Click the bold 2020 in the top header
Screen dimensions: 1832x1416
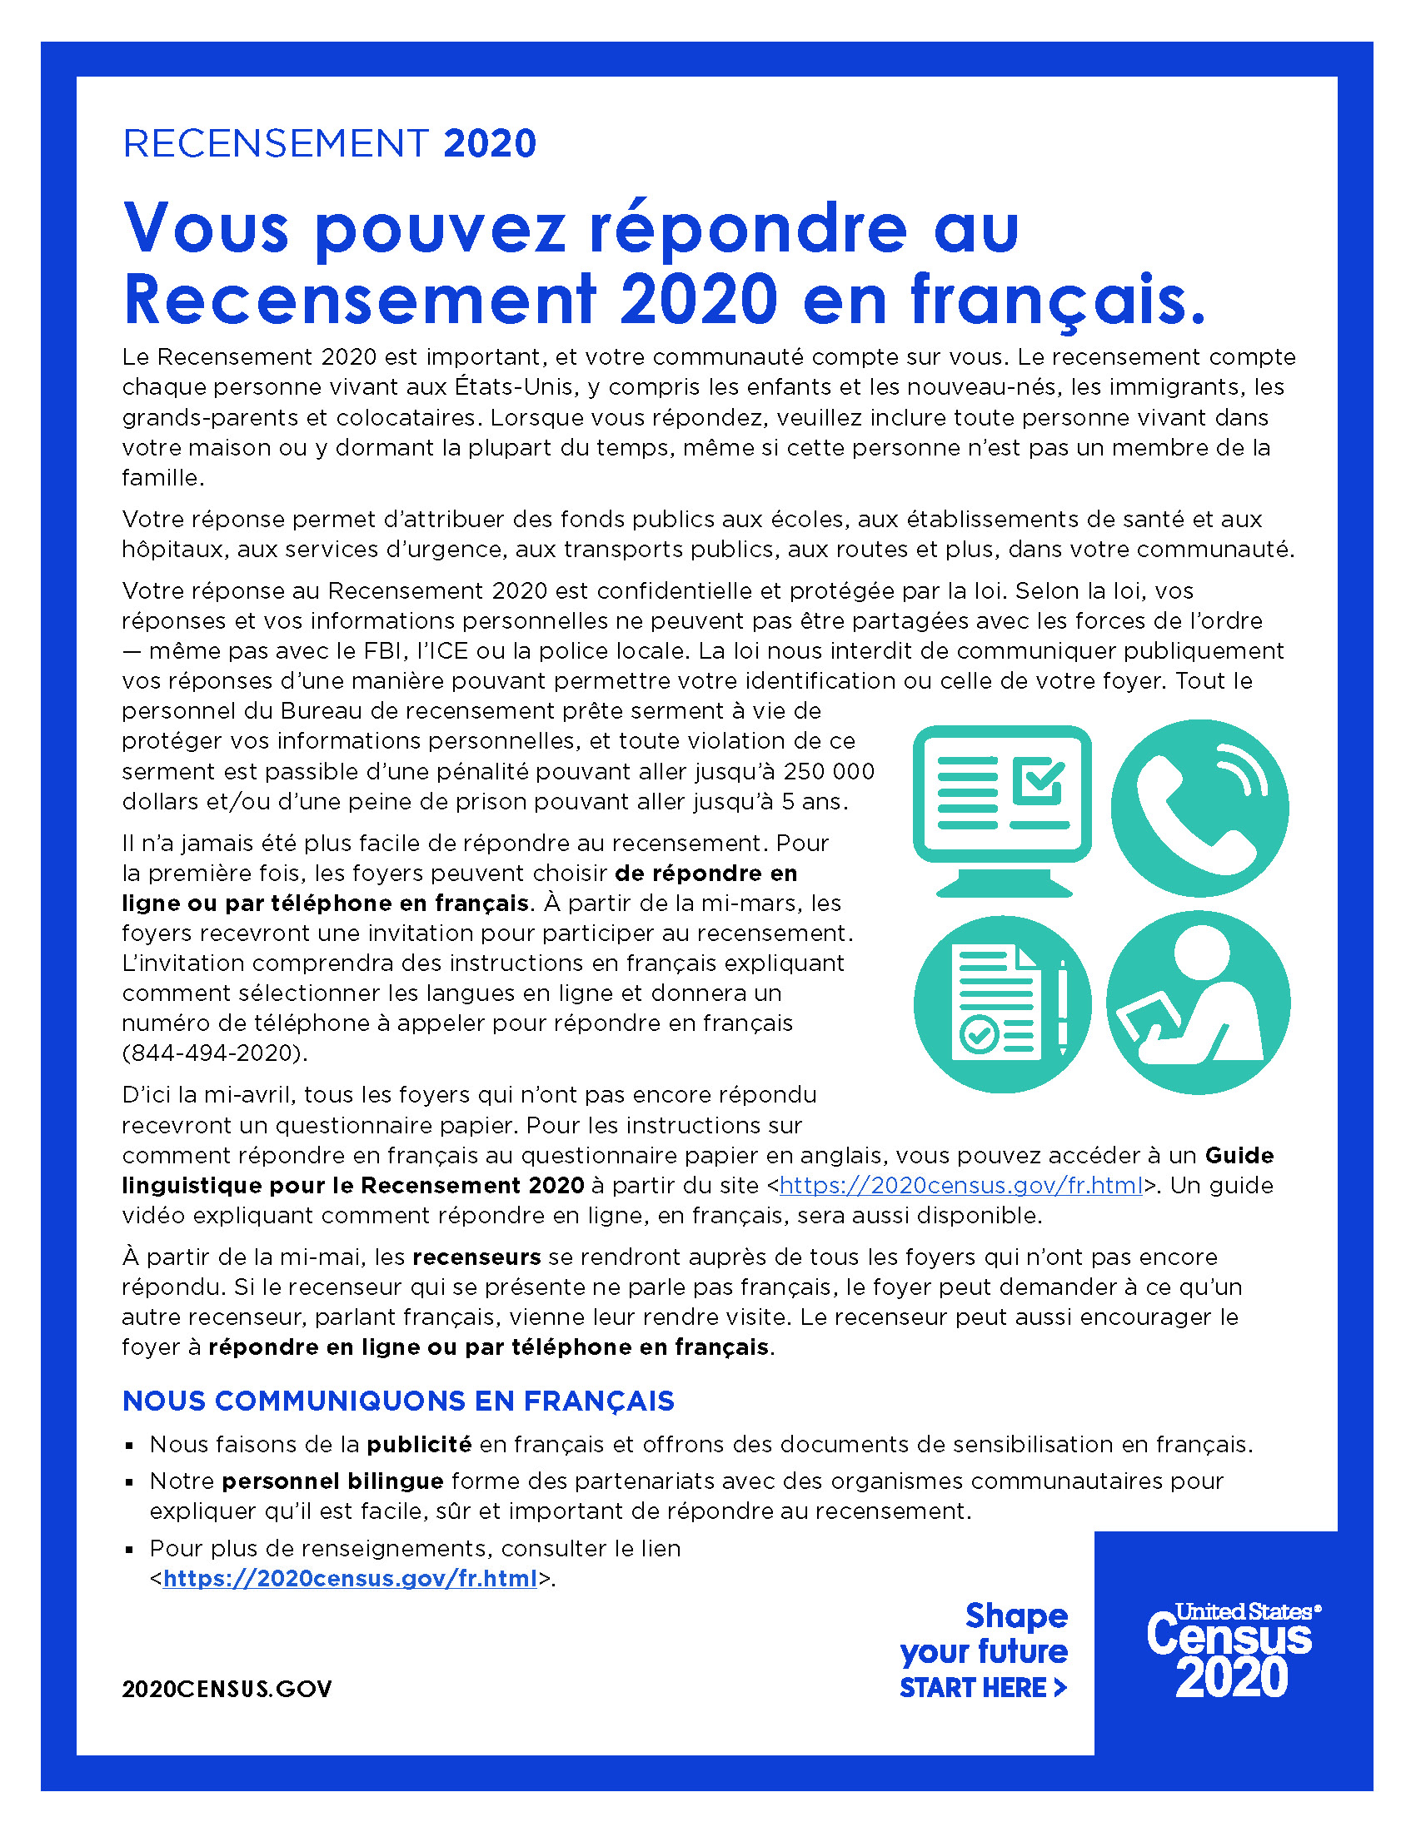click(490, 143)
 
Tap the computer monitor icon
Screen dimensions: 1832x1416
click(1001, 808)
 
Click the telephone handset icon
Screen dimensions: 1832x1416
click(1199, 808)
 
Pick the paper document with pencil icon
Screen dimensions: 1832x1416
click(1001, 1003)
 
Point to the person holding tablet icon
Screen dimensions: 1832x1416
click(1198, 1003)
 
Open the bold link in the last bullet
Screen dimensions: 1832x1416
click(350, 1579)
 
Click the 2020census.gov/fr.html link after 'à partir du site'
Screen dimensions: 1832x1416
click(960, 1185)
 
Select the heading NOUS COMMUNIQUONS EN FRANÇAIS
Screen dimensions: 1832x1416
click(398, 1401)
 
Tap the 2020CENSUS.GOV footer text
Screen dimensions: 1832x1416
click(227, 1689)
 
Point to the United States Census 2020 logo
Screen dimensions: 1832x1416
click(1231, 1650)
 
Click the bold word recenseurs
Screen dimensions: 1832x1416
click(476, 1257)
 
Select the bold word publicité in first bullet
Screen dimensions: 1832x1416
click(420, 1445)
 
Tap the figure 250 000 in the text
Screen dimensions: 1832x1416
click(829, 772)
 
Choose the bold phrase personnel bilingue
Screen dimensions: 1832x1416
click(332, 1481)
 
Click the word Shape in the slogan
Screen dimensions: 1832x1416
click(1016, 1615)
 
